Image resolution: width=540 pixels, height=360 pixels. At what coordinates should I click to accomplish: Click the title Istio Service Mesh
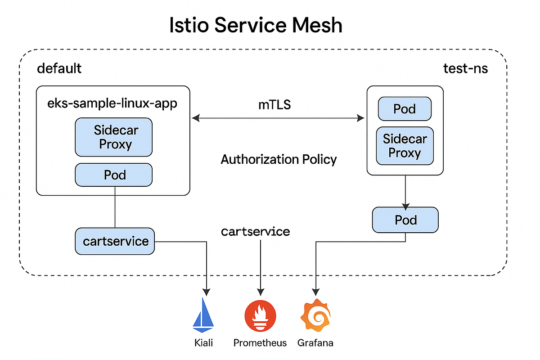pyautogui.click(x=256, y=25)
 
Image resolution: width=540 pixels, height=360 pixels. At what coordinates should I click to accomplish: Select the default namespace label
pyautogui.click(x=59, y=68)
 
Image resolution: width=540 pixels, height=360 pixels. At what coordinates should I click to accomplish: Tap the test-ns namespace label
pyautogui.click(x=465, y=68)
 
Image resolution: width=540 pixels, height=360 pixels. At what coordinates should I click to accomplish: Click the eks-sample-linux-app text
pyautogui.click(x=112, y=103)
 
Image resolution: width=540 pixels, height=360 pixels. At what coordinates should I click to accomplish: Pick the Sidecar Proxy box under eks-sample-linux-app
pyautogui.click(x=113, y=137)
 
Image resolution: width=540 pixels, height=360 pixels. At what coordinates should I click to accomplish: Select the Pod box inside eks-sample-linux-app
pyautogui.click(x=113, y=175)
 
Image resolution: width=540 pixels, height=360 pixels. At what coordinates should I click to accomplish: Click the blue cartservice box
pyautogui.click(x=115, y=241)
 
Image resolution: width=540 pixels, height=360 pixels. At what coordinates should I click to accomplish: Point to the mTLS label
pyautogui.click(x=274, y=105)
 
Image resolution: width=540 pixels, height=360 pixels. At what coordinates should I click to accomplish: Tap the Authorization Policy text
pyautogui.click(x=279, y=159)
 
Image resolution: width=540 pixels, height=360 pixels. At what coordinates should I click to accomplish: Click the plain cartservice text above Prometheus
pyautogui.click(x=256, y=232)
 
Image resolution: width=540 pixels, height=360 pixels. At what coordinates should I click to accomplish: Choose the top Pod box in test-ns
pyautogui.click(x=405, y=109)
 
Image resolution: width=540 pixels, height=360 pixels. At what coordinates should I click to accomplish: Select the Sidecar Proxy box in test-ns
pyautogui.click(x=405, y=146)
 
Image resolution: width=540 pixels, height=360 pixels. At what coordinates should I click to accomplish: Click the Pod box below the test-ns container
pyautogui.click(x=405, y=220)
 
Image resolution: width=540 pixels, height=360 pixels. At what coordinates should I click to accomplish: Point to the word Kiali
pyautogui.click(x=203, y=343)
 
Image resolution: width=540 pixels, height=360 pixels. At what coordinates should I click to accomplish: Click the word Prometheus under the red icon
pyautogui.click(x=260, y=343)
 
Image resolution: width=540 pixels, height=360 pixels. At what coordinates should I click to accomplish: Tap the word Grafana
pyautogui.click(x=315, y=343)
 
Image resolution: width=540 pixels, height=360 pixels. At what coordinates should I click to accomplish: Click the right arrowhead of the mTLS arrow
pyautogui.click(x=361, y=118)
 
